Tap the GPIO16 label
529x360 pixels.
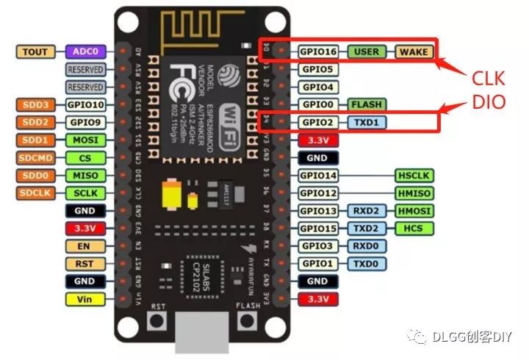pos(318,52)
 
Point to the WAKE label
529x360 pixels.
pos(414,52)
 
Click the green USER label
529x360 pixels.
pos(367,52)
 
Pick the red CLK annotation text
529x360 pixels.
pos(489,78)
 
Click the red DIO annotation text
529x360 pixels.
pos(489,103)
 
